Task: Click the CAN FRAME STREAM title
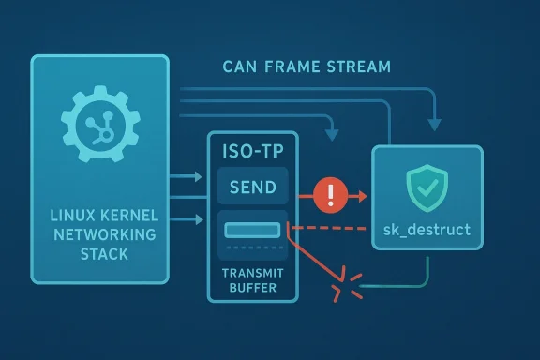(307, 67)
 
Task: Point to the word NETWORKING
(99, 234)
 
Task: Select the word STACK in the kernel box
(99, 253)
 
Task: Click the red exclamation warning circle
(332, 196)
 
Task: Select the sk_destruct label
(427, 228)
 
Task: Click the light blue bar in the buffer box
(252, 229)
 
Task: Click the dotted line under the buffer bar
(252, 247)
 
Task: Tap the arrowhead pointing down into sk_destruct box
(433, 126)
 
